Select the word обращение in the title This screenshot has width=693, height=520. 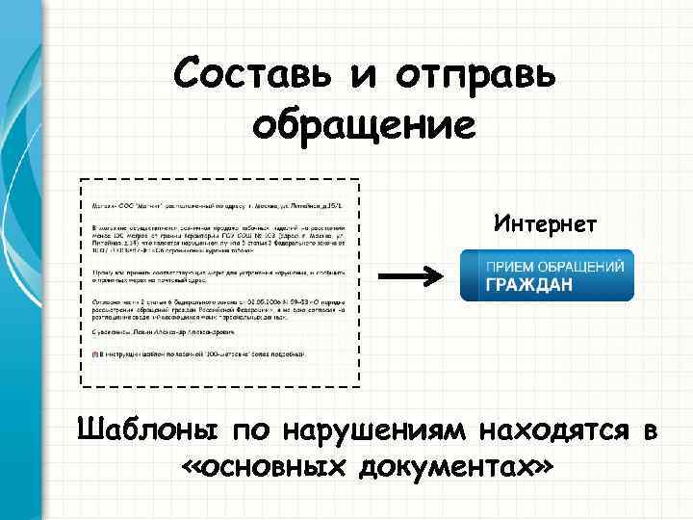364,125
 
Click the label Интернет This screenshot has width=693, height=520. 546,224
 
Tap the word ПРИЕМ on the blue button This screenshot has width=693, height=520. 509,265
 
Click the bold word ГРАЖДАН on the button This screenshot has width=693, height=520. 529,285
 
